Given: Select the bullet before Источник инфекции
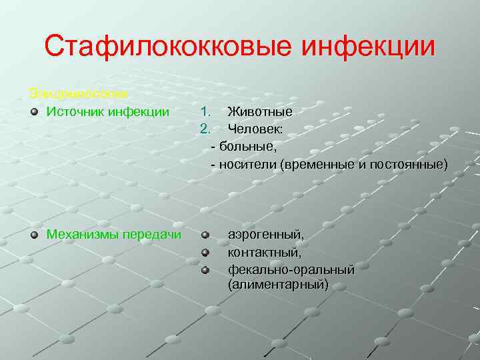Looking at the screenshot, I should [34, 111].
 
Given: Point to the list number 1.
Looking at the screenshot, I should [206, 111].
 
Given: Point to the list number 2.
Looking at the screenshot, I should [206, 127].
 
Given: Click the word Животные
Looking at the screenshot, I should [260, 111].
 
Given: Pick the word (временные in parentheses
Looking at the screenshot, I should [316, 163].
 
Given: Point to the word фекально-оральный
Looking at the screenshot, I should [291, 269].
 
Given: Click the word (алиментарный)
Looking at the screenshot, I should [278, 285].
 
